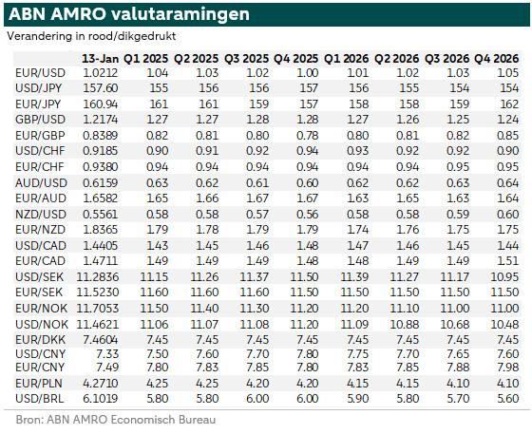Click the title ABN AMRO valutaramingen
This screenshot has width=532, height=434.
pos(129,14)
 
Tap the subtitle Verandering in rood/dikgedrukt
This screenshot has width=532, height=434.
pos(91,36)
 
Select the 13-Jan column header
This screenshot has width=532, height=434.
pos(100,59)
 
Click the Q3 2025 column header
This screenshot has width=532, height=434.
pos(246,59)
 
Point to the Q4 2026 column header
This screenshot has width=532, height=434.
pos(496,59)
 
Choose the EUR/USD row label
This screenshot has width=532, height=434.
pos(40,73)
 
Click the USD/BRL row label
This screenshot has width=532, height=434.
pos(40,399)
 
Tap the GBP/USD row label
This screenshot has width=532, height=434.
pos(40,120)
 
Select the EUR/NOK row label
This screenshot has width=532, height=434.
pos(42,309)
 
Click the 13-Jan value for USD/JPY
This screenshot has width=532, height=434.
pos(101,88)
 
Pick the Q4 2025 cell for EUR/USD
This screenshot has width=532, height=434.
pos(308,73)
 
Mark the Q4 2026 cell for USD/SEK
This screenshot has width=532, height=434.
pos(504,277)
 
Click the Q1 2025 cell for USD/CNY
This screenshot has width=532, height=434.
pos(158,354)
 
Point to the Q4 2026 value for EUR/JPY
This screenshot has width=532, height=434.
pos(509,104)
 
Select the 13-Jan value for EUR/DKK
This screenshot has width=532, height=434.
pos(101,339)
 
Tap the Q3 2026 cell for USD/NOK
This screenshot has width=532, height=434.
pos(455,325)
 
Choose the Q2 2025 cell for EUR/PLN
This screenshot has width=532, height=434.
pos(207,384)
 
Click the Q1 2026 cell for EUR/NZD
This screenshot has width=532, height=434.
pos(357,230)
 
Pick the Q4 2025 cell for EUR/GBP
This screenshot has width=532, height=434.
pos(308,136)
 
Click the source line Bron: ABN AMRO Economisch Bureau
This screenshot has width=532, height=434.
pos(116,420)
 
